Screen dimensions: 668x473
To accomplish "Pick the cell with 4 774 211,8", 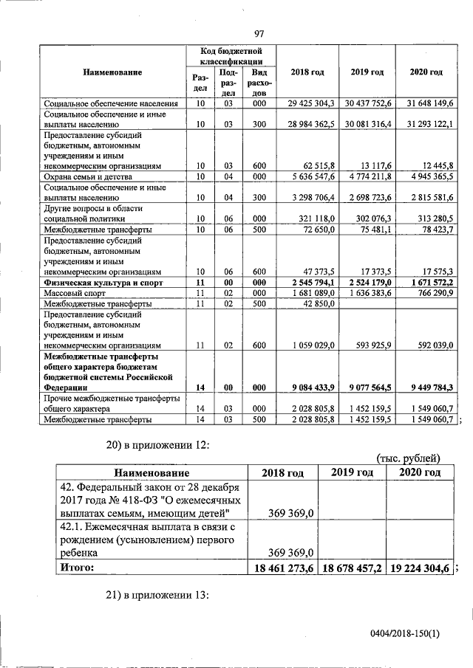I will pyautogui.click(x=367, y=177).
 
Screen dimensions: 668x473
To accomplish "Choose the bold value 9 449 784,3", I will pyautogui.click(x=425, y=387).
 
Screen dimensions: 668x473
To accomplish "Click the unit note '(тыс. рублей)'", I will pyautogui.click(x=409, y=459).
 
